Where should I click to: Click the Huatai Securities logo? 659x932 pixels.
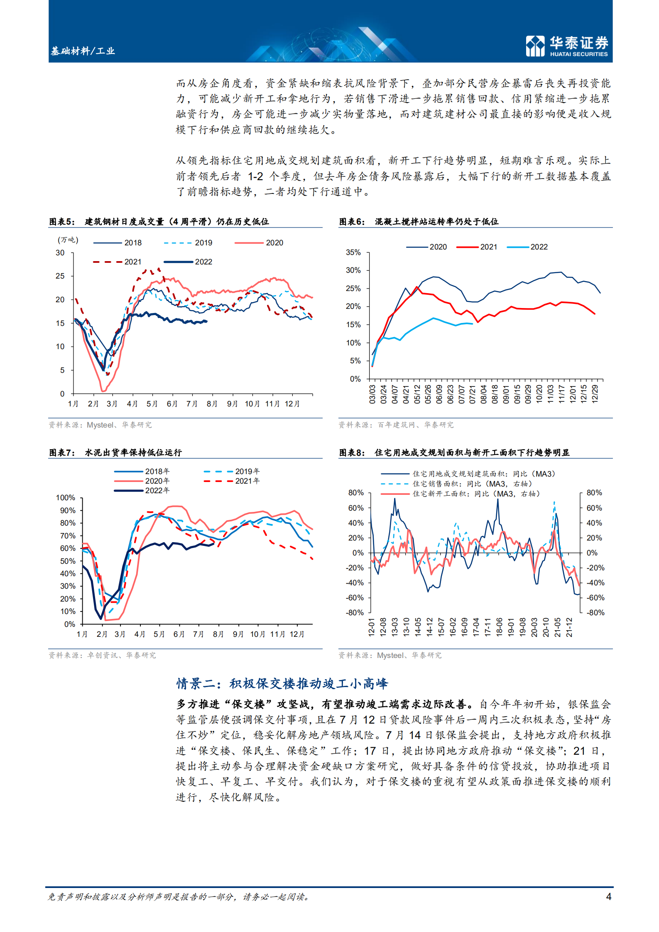tap(567, 46)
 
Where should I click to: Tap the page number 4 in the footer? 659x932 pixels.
tap(608, 896)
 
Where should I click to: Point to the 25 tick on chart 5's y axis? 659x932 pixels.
tap(60, 276)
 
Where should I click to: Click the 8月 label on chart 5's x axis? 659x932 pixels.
tap(212, 404)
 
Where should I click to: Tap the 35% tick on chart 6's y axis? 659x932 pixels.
tap(353, 252)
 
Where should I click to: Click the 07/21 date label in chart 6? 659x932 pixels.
tap(473, 394)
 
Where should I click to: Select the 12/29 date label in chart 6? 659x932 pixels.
tap(595, 394)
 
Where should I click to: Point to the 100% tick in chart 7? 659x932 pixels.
tap(66, 498)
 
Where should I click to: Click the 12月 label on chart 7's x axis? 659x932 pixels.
tap(297, 634)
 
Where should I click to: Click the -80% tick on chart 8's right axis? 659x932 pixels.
tap(595, 613)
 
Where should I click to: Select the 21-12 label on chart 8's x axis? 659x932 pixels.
tap(569, 627)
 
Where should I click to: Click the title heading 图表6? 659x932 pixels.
tap(419, 222)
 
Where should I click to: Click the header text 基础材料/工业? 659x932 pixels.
tap(83, 51)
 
